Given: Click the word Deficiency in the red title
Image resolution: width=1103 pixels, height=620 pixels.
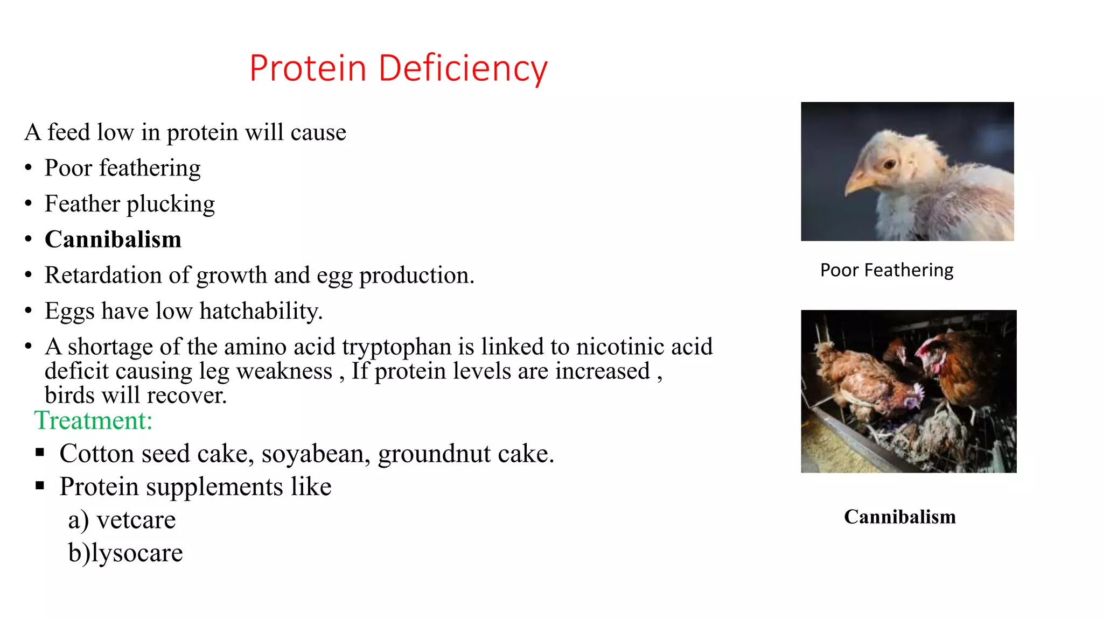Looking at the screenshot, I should point(463,69).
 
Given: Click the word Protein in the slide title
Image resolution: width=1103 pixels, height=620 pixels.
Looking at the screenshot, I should point(308,69).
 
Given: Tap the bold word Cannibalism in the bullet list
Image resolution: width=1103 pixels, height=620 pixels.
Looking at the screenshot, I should point(113,239).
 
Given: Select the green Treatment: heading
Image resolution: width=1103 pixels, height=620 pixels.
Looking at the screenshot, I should point(93,420).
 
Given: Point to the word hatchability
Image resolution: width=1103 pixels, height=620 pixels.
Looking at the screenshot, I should point(261,311).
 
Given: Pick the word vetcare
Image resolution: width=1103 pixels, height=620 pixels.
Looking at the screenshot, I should point(136,520).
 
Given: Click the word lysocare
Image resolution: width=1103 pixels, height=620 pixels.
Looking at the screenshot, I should point(137,553).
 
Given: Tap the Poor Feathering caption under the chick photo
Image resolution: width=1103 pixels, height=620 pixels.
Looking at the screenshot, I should point(886,270).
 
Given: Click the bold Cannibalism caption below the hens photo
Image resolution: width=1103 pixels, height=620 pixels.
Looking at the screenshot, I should point(899,517).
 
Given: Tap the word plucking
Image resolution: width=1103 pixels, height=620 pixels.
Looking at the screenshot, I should point(170,204).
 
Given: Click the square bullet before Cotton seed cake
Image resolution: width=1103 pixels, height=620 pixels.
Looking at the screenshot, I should point(40,453).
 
